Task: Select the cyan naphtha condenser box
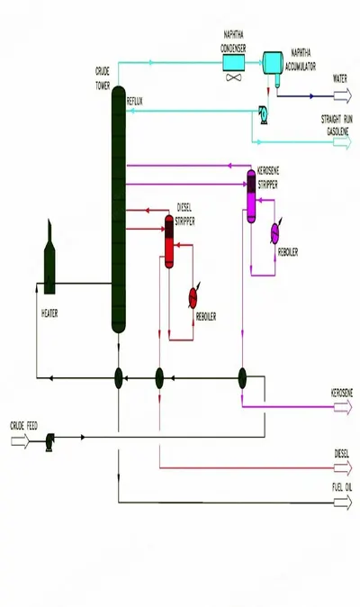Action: point(234,63)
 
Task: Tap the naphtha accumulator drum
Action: point(273,63)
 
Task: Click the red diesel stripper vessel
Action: point(169,241)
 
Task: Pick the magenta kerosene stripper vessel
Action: point(251,196)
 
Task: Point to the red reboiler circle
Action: point(193,298)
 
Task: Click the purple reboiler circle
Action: point(274,233)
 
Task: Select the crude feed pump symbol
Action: point(49,441)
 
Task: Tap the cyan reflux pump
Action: point(264,114)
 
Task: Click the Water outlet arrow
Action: point(343,95)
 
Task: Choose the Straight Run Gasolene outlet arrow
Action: point(343,142)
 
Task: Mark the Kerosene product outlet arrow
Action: point(343,407)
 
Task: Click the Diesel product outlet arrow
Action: point(343,468)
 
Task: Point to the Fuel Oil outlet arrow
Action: point(343,503)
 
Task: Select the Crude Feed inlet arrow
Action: point(20,441)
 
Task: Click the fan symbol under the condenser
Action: point(234,77)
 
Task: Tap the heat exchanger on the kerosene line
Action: point(242,378)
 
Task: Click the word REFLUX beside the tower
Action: point(135,102)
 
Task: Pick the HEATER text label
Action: point(49,313)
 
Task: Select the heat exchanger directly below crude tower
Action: point(119,378)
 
